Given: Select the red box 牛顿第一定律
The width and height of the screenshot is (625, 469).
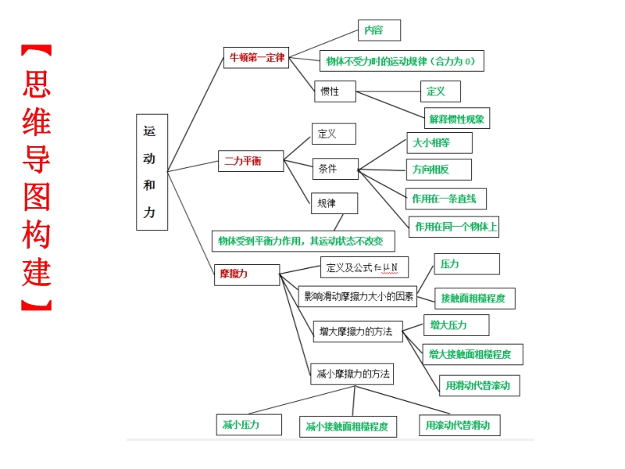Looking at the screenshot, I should click(255, 58).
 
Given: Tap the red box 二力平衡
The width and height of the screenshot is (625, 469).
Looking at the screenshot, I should click(243, 162).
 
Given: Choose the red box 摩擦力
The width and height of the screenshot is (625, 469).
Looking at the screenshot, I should click(246, 274).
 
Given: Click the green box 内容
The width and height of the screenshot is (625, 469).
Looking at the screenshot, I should click(379, 30).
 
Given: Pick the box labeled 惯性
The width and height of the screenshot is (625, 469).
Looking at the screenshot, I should click(335, 91).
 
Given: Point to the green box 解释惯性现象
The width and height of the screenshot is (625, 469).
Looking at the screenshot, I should click(457, 119).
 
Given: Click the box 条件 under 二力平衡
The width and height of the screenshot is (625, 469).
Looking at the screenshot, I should click(335, 169).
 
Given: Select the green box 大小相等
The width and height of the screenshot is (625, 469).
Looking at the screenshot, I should click(439, 143).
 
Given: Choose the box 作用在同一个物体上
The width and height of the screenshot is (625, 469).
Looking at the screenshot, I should click(455, 227).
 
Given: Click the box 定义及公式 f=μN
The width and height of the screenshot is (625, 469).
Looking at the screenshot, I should click(363, 267).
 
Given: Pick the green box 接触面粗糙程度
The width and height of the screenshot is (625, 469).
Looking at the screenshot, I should click(473, 298).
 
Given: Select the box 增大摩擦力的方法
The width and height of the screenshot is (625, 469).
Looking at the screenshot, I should click(356, 331).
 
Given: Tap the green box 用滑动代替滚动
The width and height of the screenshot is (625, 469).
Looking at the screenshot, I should click(479, 385).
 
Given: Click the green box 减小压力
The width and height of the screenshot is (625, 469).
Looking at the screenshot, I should click(241, 424).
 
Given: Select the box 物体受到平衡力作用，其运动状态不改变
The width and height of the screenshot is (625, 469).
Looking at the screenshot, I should click(302, 241).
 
